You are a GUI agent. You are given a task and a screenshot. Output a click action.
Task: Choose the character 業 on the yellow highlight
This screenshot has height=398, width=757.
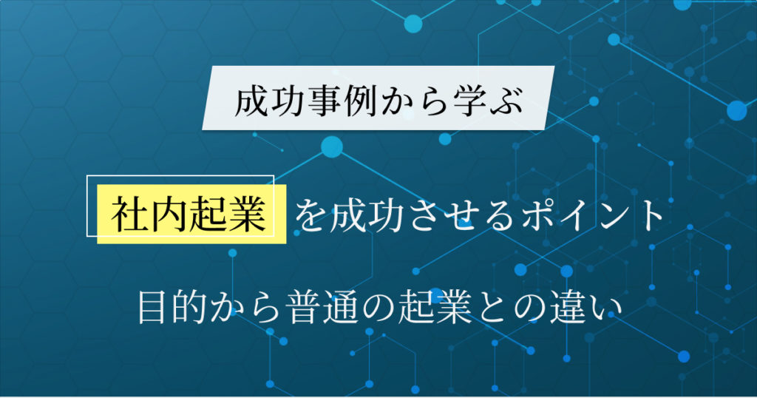[246, 215]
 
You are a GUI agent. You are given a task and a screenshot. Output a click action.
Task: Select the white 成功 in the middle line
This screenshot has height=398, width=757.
[365, 215]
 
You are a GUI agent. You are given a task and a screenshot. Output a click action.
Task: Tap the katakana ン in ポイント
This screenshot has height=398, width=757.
[611, 215]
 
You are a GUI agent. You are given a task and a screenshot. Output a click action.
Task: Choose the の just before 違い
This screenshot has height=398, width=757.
[527, 308]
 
